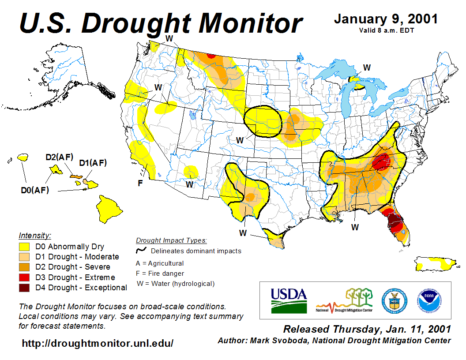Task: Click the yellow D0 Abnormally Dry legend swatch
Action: [x=24, y=247]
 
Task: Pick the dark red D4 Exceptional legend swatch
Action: [x=24, y=288]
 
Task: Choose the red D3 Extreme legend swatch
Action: [x=24, y=277]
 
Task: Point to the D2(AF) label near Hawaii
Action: [x=60, y=157]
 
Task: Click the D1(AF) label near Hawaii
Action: [x=93, y=163]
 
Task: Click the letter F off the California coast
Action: [x=140, y=183]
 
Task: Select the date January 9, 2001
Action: [x=386, y=19]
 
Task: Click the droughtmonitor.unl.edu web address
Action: [x=98, y=343]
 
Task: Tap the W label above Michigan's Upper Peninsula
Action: [x=367, y=67]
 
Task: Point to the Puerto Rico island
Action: [x=435, y=264]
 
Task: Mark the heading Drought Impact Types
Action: [x=171, y=240]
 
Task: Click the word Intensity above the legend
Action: [x=35, y=235]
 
